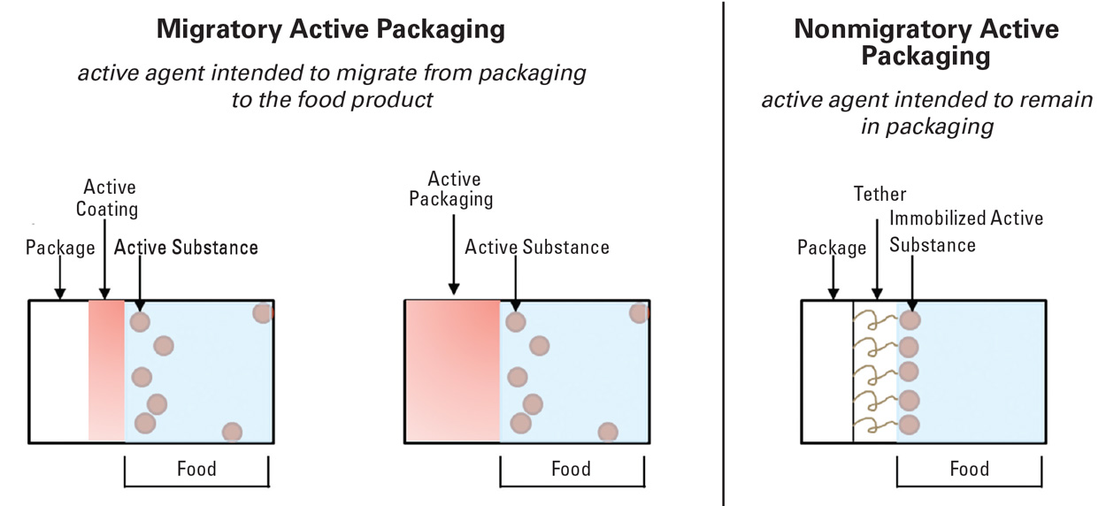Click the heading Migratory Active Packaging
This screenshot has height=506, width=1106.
coord(331,29)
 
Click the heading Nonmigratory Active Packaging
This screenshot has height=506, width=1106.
coord(926,42)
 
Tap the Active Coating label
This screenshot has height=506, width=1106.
coord(110,198)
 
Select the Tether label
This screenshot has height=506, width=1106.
coord(879,194)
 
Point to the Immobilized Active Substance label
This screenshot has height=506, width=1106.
coord(965,231)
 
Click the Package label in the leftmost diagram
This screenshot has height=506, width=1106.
coord(60,248)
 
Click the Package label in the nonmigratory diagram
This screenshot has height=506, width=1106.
coord(832,248)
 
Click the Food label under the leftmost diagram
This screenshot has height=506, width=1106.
coord(196,468)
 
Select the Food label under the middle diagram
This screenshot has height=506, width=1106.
coord(571,468)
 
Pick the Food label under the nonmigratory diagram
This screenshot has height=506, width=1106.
coord(969,468)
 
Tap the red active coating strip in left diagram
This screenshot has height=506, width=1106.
coord(107,372)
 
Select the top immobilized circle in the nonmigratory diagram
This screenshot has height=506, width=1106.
coord(909,320)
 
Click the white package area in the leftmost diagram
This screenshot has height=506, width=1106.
coord(59,372)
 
